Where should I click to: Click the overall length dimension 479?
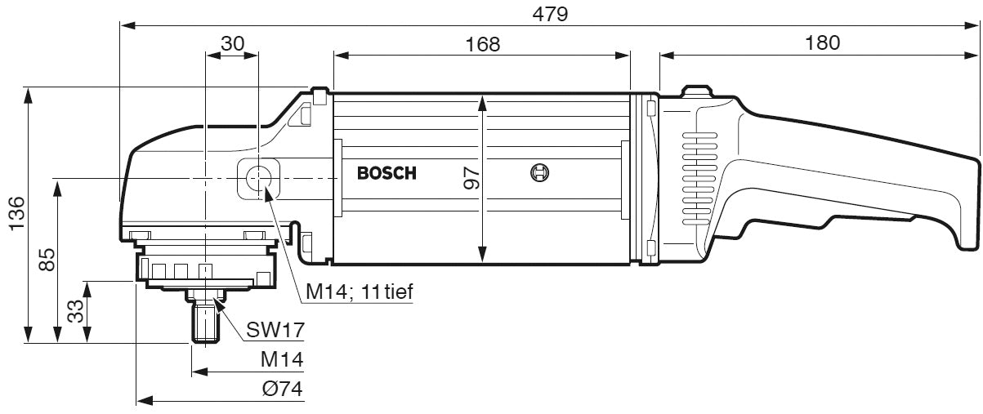550,14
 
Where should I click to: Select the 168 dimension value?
482,44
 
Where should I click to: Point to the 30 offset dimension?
232,44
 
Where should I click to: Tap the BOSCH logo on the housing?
386,173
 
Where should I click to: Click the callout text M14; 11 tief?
359,291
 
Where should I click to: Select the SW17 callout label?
276,330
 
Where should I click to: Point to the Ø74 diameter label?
283,390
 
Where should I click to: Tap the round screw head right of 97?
539,173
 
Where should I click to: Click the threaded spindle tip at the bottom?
206,323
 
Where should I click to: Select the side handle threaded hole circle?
260,178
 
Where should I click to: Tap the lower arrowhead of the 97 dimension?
484,256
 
